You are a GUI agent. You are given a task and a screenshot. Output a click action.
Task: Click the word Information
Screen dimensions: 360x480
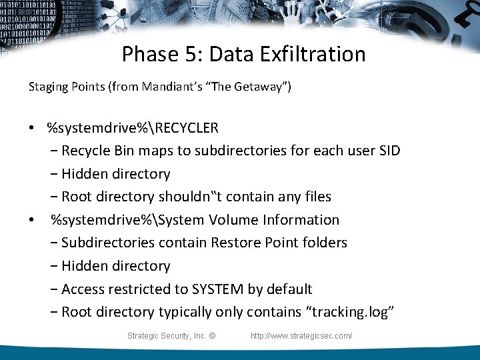click(x=303, y=220)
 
